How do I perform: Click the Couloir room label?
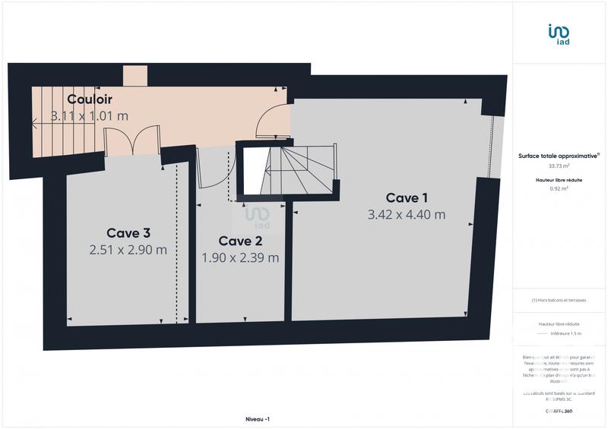90,99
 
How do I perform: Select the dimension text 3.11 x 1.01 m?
90,116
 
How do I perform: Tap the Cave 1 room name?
406,197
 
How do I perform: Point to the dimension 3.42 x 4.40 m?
406,214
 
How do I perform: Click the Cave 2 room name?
240,241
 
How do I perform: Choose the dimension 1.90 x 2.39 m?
240,257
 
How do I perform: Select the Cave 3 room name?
128,233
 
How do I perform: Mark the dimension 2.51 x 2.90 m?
128,250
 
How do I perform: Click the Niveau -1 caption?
258,419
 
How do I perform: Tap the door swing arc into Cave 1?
272,121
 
